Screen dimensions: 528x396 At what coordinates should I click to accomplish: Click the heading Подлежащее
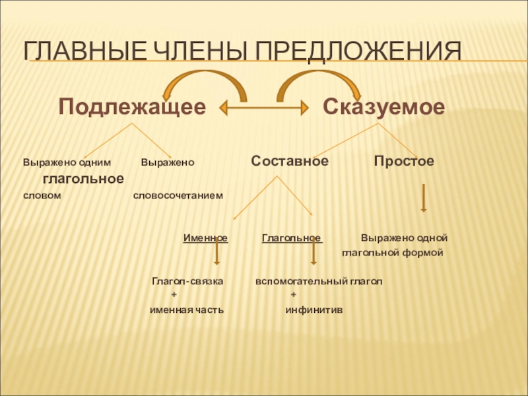coord(131,107)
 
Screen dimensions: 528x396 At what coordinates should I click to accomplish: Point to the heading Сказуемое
coord(383,107)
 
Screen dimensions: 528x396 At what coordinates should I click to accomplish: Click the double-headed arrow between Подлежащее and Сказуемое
coord(264,106)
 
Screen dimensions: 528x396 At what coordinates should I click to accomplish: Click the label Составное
coord(290,162)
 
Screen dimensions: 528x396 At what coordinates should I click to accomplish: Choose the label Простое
coord(403,162)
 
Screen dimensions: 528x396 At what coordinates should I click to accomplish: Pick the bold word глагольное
coord(83,178)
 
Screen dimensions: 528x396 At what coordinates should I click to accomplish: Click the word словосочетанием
coord(178,195)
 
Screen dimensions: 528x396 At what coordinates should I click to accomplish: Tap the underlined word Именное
coord(205,238)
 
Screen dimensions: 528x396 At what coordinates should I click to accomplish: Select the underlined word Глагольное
coord(292,238)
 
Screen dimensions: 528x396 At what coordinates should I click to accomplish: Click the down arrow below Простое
coord(423,198)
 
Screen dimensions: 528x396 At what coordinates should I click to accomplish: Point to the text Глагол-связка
coord(187,281)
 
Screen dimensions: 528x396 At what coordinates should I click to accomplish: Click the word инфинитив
coord(313,310)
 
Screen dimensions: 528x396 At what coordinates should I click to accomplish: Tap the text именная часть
coord(186,310)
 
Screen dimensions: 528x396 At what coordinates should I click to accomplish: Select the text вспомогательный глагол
coord(319,281)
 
